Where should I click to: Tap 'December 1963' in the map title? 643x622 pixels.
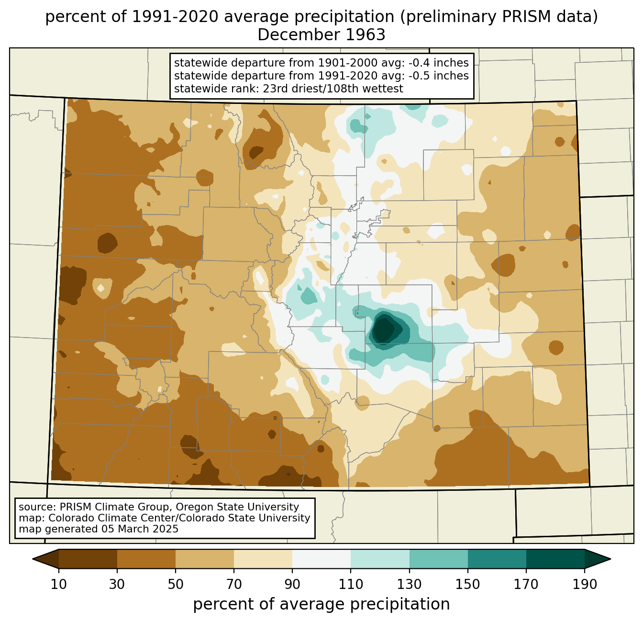(x=321, y=35)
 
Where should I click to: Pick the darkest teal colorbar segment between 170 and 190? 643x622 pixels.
(x=555, y=559)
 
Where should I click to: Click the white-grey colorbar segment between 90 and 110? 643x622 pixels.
(x=321, y=559)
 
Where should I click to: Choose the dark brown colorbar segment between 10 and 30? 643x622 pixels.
(x=88, y=559)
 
